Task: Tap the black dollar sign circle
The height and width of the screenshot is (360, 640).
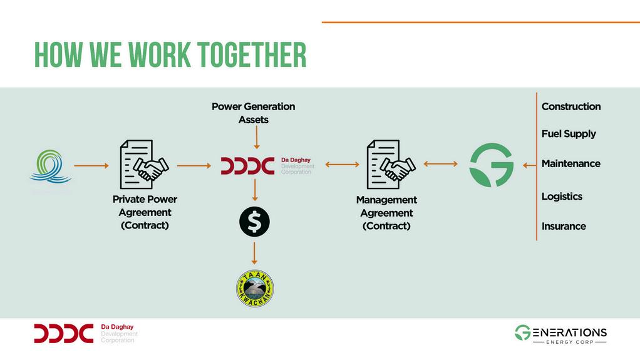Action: (x=254, y=221)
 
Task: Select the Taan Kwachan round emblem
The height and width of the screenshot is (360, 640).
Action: (x=254, y=289)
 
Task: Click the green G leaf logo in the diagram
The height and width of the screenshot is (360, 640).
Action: (x=492, y=165)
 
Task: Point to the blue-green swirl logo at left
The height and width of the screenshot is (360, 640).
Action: (x=51, y=166)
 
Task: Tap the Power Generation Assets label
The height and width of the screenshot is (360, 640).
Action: (x=253, y=113)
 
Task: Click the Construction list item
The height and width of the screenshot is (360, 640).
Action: (x=570, y=106)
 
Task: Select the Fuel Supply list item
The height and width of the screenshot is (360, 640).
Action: (x=568, y=134)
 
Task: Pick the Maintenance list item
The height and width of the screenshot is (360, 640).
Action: (x=570, y=164)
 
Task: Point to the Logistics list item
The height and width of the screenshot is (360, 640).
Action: (x=562, y=197)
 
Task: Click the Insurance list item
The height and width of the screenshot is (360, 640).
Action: (x=564, y=226)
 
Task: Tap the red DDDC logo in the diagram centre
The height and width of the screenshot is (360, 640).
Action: (x=248, y=166)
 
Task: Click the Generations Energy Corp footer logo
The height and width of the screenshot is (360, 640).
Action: (x=560, y=334)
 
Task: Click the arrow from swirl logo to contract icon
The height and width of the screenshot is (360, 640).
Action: (x=91, y=166)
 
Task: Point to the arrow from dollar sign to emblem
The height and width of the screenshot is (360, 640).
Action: (x=254, y=253)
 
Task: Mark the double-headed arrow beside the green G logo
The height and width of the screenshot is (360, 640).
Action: (x=441, y=164)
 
